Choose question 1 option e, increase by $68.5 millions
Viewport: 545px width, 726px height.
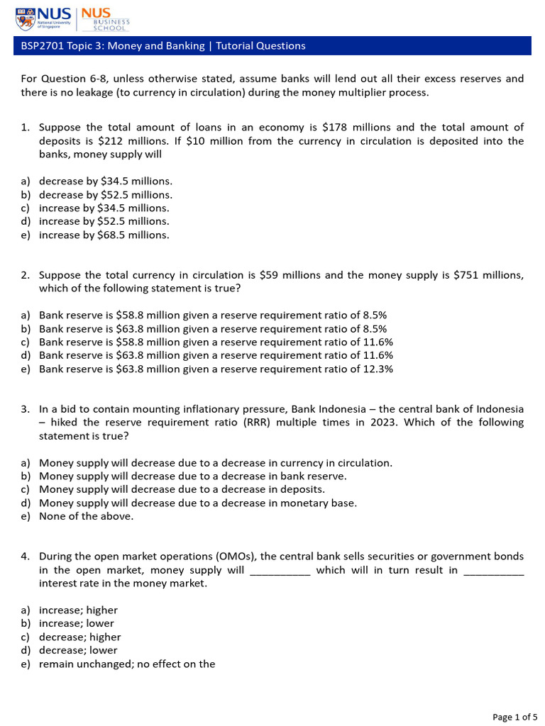(x=104, y=235)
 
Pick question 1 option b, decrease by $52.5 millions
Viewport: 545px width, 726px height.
(x=105, y=194)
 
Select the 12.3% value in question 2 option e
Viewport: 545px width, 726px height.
(x=378, y=369)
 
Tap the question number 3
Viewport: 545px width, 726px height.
(x=25, y=409)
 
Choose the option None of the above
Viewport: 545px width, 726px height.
(x=86, y=516)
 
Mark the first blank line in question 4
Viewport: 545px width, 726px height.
(x=280, y=571)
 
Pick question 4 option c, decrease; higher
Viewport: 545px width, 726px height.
(x=79, y=637)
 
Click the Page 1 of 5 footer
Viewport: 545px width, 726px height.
(x=513, y=717)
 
